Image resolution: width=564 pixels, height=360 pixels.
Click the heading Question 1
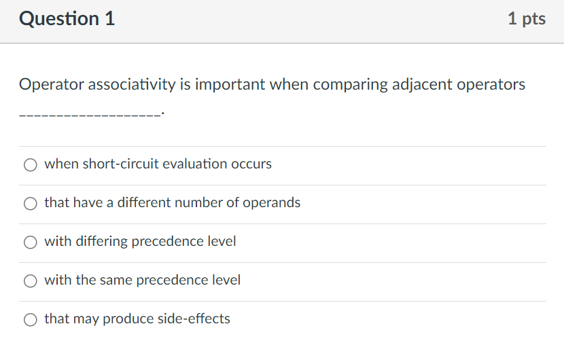pos(67,19)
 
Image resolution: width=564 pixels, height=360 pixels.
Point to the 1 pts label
pos(526,19)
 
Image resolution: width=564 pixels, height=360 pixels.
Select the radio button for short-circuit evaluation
pos(30,164)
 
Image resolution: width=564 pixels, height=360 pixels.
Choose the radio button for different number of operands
pos(30,203)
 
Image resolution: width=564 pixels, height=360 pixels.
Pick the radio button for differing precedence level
pos(30,242)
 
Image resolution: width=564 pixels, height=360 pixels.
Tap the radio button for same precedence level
pos(30,281)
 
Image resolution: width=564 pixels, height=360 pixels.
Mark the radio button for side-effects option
pos(30,319)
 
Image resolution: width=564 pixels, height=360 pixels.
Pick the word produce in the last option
pos(128,319)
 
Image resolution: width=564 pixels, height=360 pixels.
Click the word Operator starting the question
pos(50,85)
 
